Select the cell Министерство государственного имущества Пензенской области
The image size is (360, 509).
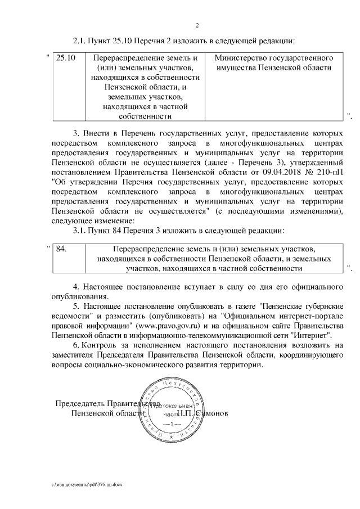click(274, 63)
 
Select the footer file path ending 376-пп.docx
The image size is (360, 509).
click(87, 484)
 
